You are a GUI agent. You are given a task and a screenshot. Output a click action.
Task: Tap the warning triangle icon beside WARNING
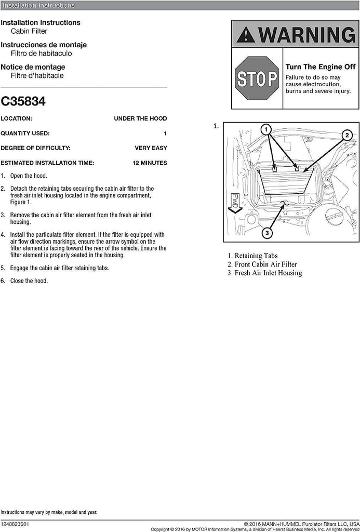click(x=245, y=35)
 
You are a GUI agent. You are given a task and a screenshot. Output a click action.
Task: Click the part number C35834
click(x=23, y=101)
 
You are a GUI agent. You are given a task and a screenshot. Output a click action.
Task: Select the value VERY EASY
click(x=151, y=148)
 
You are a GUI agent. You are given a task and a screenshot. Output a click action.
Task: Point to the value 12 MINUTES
click(x=150, y=163)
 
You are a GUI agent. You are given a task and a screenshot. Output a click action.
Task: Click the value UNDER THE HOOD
click(x=140, y=118)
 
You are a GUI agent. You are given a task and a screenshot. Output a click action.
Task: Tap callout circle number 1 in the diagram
click(x=265, y=129)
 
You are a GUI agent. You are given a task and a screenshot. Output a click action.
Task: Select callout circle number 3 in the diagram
click(x=266, y=233)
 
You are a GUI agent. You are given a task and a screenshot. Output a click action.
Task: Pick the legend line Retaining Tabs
click(x=252, y=256)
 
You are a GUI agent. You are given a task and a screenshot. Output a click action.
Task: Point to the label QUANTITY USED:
click(x=25, y=134)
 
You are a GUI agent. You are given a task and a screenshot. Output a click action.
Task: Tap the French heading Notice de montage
click(x=33, y=67)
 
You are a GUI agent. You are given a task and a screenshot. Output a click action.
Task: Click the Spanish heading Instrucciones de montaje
click(x=44, y=45)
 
